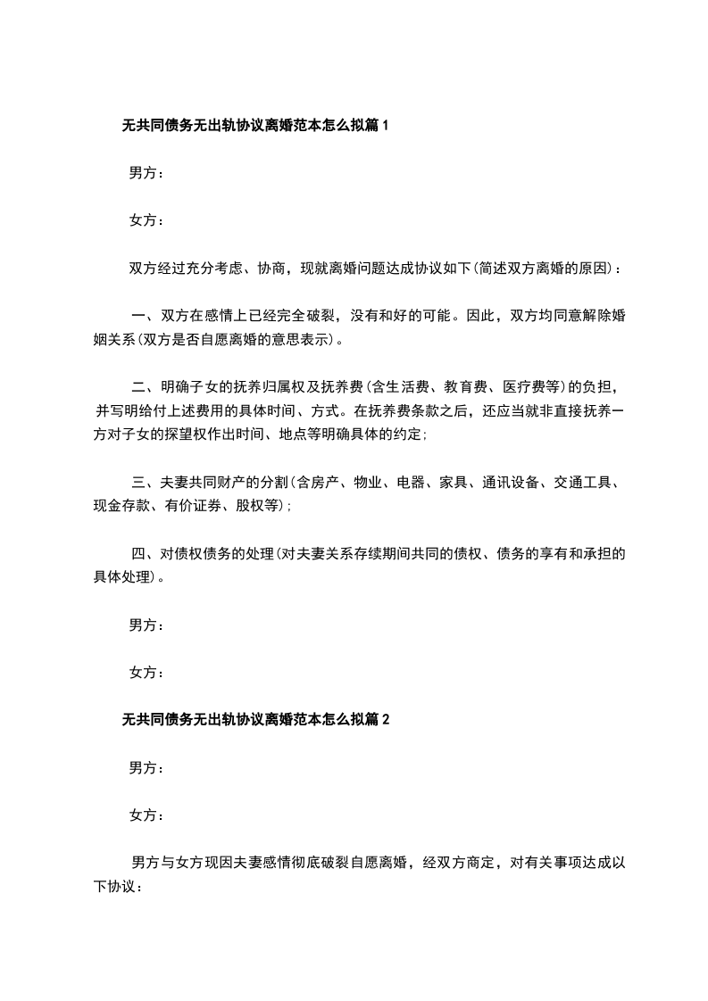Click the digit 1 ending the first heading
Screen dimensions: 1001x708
click(x=386, y=127)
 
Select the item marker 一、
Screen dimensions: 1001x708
click(x=144, y=316)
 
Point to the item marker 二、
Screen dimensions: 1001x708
click(x=144, y=387)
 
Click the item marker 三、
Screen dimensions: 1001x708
click(x=144, y=483)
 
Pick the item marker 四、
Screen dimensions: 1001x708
click(x=144, y=553)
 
